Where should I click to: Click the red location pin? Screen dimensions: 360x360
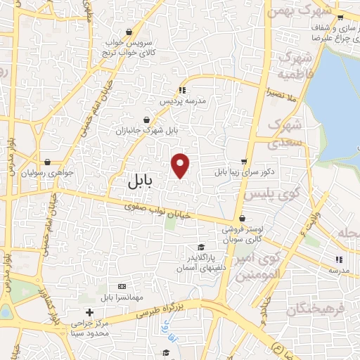181,165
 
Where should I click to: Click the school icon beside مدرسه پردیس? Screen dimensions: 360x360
182,90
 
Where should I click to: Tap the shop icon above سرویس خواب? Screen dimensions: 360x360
129,32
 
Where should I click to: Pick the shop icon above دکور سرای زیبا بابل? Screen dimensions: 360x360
244,161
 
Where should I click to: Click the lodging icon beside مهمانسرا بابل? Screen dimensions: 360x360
122,286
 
